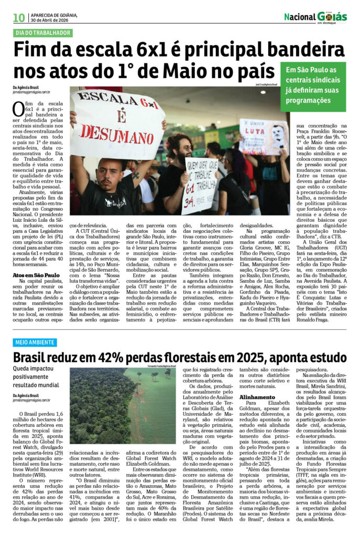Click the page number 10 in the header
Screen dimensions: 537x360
(x=18, y=17)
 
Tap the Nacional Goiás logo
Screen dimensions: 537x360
(x=315, y=17)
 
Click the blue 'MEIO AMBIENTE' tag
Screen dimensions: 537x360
(x=35, y=342)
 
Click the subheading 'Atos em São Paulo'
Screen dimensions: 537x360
(x=36, y=275)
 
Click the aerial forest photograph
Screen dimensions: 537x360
(x=122, y=405)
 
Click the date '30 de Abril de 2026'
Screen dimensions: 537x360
(x=50, y=20)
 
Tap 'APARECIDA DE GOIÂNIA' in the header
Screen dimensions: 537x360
(x=54, y=15)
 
